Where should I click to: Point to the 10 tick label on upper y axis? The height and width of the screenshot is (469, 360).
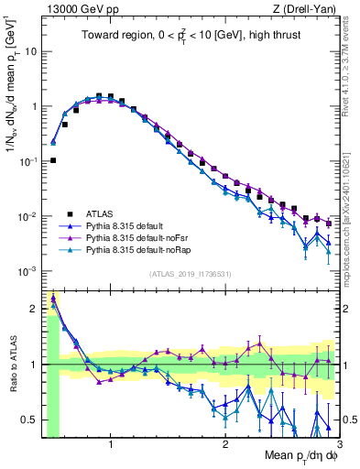29,51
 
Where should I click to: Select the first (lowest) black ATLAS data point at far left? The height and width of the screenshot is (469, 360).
53,160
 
